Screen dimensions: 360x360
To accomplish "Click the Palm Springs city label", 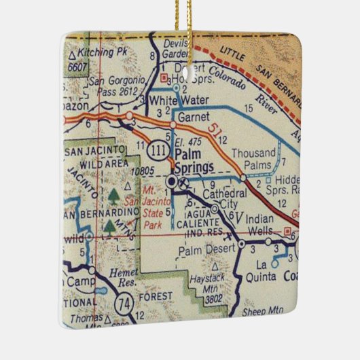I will point(194,161).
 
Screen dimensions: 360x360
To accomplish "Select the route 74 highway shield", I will point(124,302).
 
